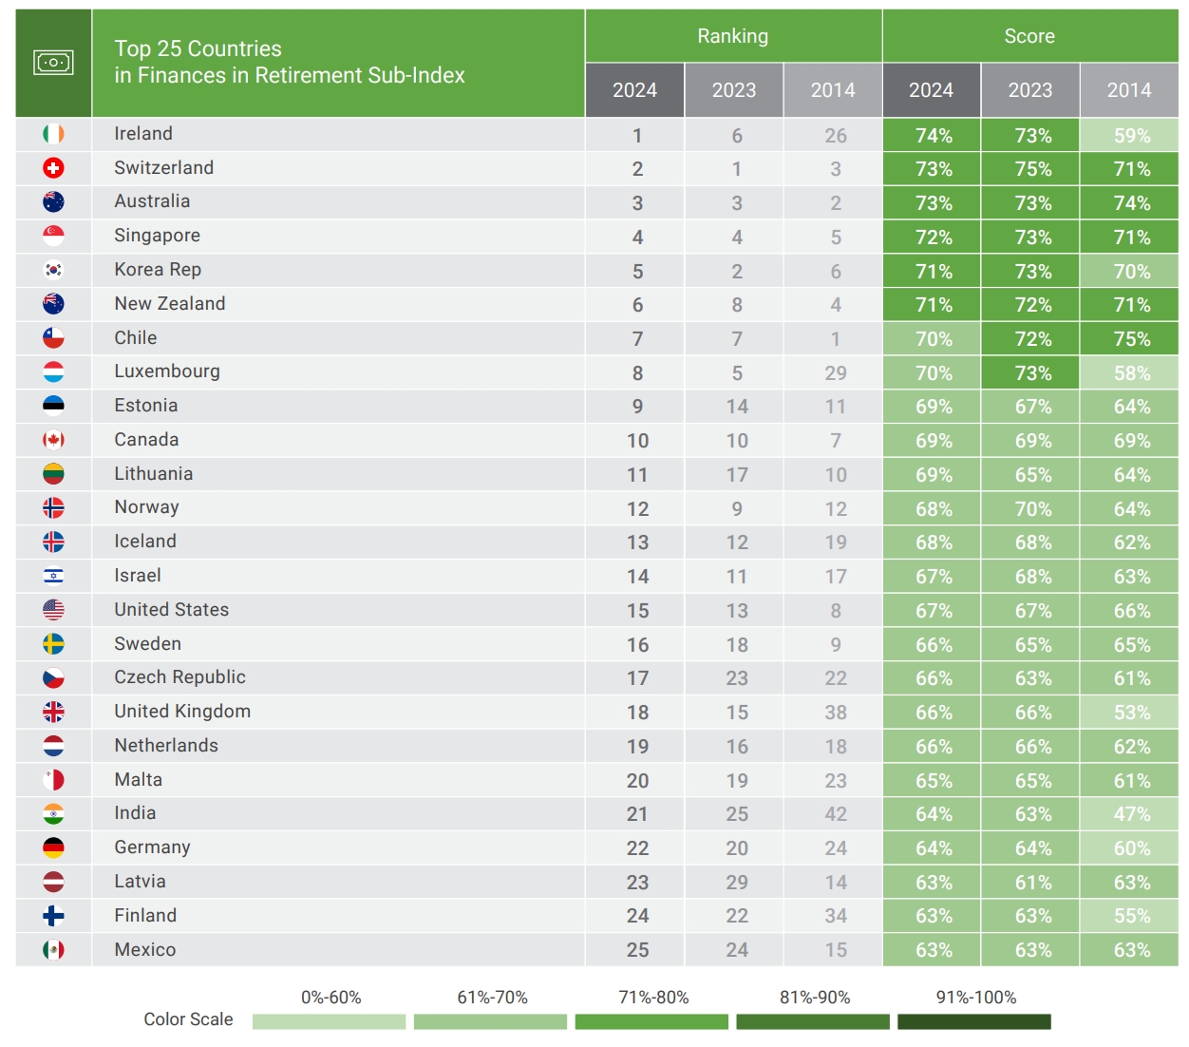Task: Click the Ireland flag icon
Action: (x=53, y=134)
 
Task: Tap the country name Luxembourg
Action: (x=167, y=371)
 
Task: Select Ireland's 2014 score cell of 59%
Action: (x=1130, y=135)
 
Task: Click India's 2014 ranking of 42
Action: (x=835, y=814)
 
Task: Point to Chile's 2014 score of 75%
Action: (x=1130, y=339)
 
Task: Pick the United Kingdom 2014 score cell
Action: (x=1130, y=713)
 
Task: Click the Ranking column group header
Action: (x=732, y=36)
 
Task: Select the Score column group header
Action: (x=1029, y=36)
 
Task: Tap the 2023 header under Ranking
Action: (x=734, y=90)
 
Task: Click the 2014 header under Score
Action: (x=1128, y=90)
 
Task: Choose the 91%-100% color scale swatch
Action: (x=974, y=1021)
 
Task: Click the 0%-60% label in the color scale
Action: (x=330, y=998)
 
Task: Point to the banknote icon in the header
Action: (x=53, y=63)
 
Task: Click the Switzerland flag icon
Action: (x=53, y=168)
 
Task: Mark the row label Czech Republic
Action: (x=179, y=677)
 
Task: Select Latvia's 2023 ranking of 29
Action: (x=737, y=883)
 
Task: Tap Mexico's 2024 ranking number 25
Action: (x=637, y=950)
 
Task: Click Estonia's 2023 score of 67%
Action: (x=1032, y=407)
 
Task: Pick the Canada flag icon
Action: (x=53, y=440)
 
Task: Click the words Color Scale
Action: (x=188, y=1019)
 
